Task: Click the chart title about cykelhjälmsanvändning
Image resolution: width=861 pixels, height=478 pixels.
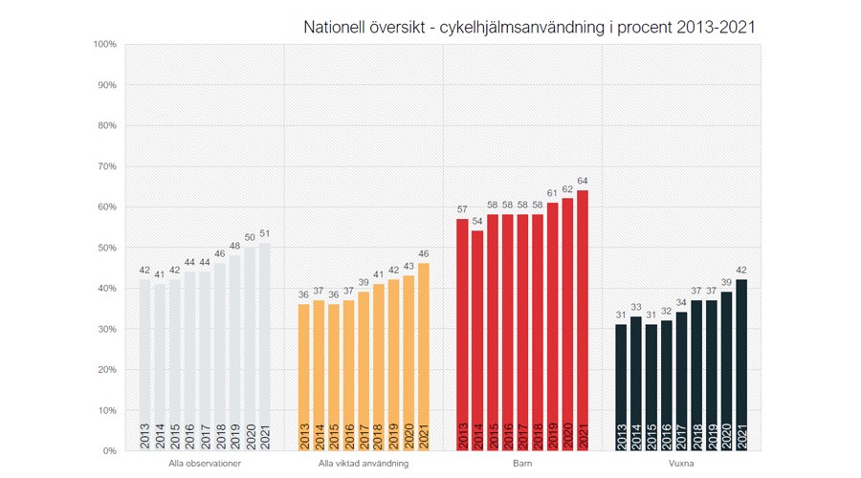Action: pos(529,27)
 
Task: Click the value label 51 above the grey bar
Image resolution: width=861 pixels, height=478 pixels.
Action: pos(265,234)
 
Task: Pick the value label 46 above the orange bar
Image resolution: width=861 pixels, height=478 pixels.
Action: pos(423,254)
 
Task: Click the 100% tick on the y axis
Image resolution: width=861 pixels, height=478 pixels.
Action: pos(105,44)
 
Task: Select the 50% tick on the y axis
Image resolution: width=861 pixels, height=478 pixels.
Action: pos(105,248)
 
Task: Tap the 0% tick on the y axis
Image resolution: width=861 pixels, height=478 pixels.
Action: pos(108,450)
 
